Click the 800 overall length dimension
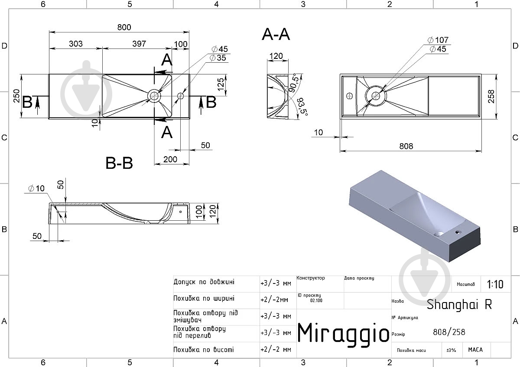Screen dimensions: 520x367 point(124,27)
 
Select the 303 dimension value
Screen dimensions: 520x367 point(76,44)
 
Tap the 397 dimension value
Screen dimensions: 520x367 point(139,44)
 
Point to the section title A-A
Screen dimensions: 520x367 point(276,35)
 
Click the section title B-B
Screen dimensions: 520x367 point(119,163)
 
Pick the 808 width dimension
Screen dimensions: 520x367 point(406,146)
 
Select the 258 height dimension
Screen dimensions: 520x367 point(491,97)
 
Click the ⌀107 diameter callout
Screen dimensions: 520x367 point(438,40)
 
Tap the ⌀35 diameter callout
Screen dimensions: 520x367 point(218,58)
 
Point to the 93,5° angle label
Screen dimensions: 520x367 point(302,106)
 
